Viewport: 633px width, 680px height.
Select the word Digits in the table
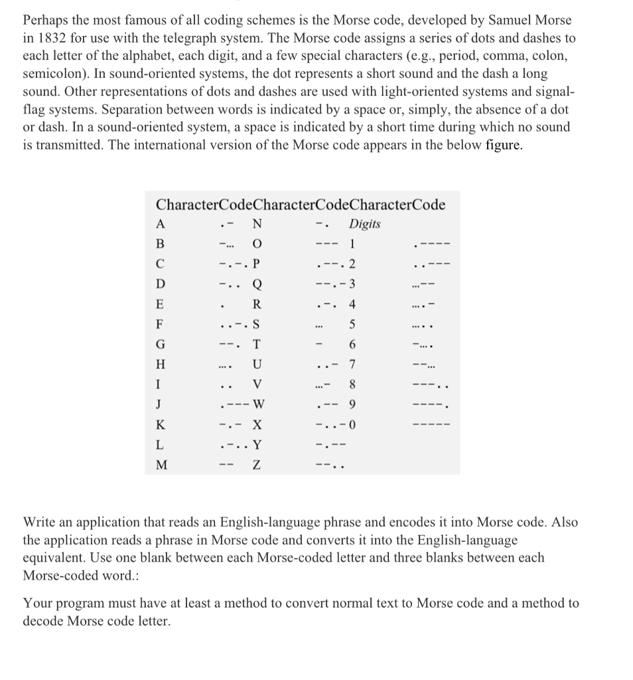(365, 224)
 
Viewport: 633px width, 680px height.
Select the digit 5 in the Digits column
(353, 325)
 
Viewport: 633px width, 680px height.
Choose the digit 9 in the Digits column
(353, 405)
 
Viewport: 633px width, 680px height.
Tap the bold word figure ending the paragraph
(504, 146)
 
